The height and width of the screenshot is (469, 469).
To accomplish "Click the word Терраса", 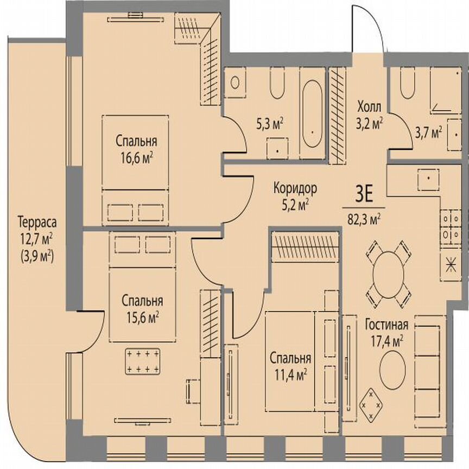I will (x=37, y=222).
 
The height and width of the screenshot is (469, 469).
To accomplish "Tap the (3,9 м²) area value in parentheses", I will (x=37, y=253).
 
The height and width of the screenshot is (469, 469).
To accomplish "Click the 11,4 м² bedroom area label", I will (x=291, y=375).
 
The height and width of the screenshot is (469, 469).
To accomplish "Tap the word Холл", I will (x=370, y=105).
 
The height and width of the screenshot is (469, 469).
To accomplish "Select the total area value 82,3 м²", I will (x=364, y=219).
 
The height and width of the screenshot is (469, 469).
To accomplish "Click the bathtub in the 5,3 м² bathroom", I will (x=312, y=114).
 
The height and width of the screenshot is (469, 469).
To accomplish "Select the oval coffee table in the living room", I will (x=391, y=368).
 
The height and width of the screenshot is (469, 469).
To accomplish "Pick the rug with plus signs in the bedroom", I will (x=143, y=361).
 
